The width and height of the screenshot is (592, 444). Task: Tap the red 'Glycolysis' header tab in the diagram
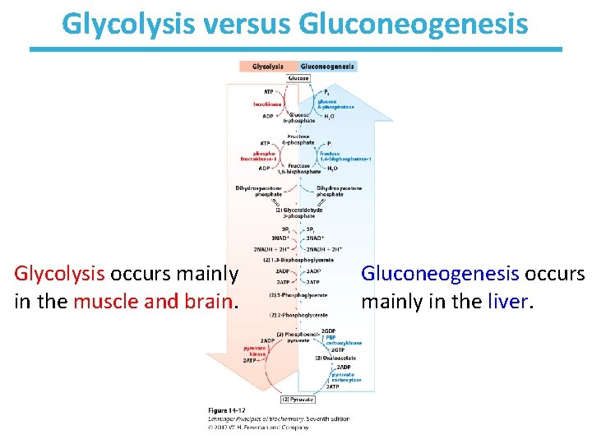coord(268,67)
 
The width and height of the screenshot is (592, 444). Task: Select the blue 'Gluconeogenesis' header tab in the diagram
coord(327,67)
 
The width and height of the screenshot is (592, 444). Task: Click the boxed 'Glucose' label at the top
coord(298,78)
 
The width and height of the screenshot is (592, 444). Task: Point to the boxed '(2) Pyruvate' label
coord(298,399)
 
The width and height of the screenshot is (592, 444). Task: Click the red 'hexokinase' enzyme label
coord(267,104)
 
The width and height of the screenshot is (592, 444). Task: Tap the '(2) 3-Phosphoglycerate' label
coord(298,295)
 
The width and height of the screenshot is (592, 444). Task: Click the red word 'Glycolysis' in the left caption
coord(59,273)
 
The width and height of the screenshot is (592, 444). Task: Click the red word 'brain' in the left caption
coord(210,302)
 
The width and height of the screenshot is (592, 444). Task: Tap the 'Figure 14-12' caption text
coord(226,410)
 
